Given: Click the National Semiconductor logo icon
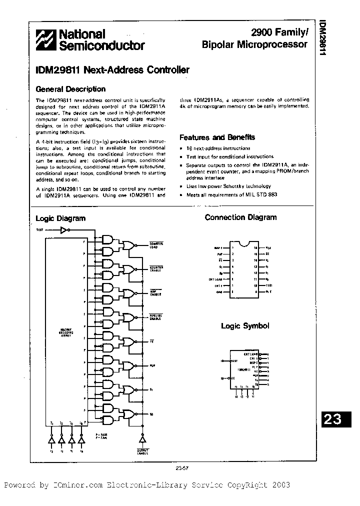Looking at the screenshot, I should pos(46,40).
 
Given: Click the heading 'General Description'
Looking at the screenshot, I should pos(70,89).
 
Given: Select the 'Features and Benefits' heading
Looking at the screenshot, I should pos(217,137).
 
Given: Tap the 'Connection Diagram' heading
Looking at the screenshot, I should pos(240,217).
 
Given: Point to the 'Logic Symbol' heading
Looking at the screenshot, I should pos(245,326).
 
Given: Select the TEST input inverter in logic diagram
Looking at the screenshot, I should pos(63,230).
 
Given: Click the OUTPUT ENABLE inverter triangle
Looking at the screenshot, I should pos(142,438).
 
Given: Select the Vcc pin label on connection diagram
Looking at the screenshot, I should pos(268,247).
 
